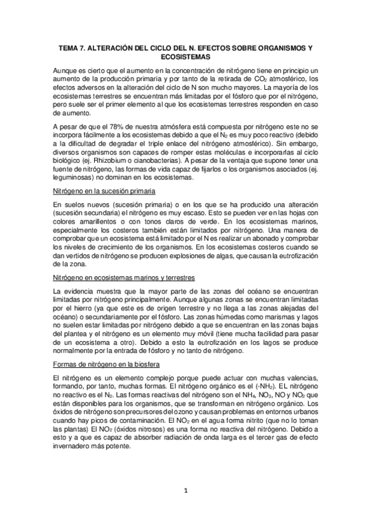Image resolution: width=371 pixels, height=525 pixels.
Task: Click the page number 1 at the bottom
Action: coord(185,490)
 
